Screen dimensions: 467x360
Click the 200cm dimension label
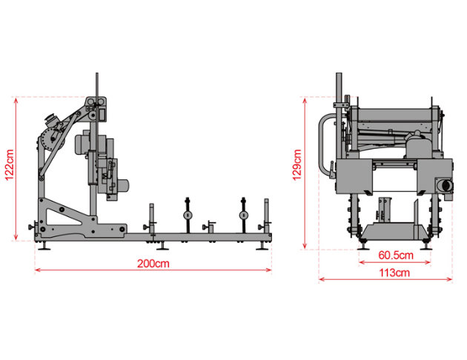tap(153, 264)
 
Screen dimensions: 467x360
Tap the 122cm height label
tap(10, 165)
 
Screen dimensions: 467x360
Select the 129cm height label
tap(297, 165)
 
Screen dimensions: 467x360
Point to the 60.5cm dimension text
tap(396, 255)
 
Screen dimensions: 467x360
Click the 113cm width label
tap(394, 273)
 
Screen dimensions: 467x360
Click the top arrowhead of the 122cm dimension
tap(16, 100)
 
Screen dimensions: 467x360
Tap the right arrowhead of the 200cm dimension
tap(268, 270)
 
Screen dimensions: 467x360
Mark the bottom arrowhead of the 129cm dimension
tap(305, 246)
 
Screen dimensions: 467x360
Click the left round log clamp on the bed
tap(188, 215)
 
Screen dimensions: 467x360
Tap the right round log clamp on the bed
tap(244, 215)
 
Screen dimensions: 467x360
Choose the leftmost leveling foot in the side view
tap(45, 246)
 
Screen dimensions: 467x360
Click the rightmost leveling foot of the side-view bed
tap(262, 246)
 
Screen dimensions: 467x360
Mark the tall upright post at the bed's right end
tap(266, 216)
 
